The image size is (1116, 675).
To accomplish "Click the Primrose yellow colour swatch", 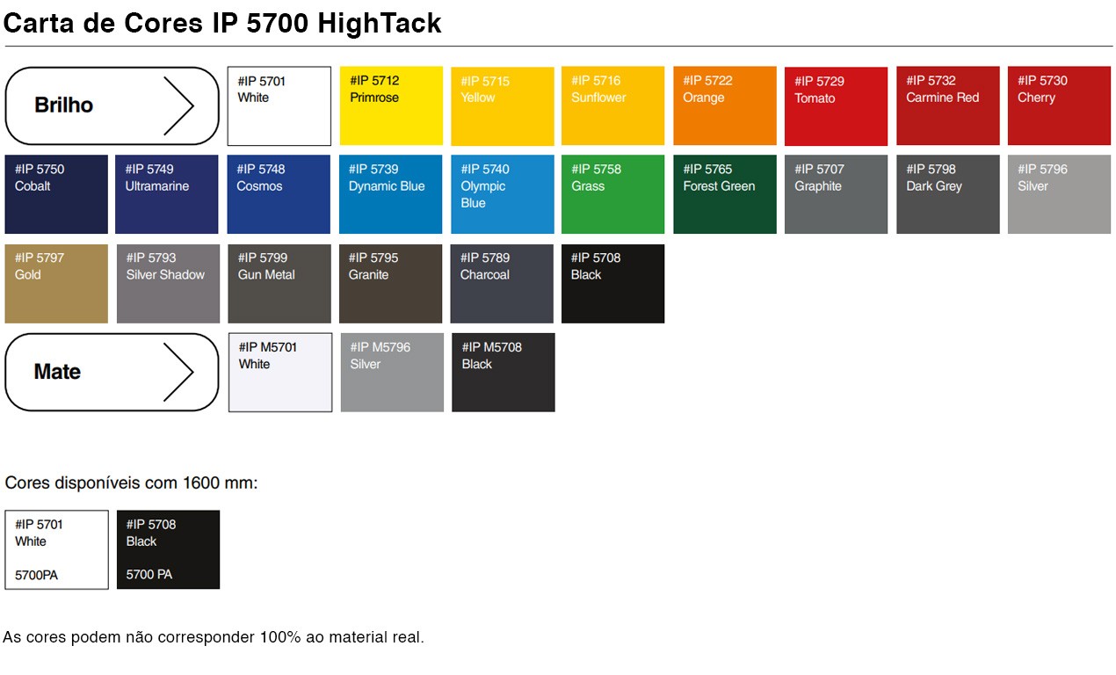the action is tap(391, 105).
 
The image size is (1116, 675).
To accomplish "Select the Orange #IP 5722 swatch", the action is tap(725, 105).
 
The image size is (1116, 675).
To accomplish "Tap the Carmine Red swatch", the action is tap(948, 105).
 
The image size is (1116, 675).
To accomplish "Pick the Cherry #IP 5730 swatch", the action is tap(1059, 105).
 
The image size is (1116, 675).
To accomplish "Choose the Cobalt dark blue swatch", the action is tap(56, 194).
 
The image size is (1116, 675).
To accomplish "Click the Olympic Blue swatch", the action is tap(503, 194).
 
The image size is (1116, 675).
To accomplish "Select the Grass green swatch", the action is tap(612, 194).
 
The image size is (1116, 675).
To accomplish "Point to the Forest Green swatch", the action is tap(725, 194).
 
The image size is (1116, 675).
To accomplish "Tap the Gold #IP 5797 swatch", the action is tap(56, 284).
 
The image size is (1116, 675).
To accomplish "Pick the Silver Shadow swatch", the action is tap(169, 284).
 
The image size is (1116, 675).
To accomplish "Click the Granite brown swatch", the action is tap(390, 284).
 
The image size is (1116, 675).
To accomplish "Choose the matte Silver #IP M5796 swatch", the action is tap(392, 373).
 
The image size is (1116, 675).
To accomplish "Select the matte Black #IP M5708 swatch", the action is tap(504, 373).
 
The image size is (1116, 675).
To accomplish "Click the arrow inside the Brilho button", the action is tap(178, 105).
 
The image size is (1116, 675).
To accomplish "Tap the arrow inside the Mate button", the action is tap(178, 372).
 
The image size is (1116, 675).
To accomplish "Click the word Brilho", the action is tap(64, 105).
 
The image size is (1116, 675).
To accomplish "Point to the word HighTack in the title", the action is tap(380, 23).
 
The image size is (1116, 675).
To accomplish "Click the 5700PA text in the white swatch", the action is tap(36, 575).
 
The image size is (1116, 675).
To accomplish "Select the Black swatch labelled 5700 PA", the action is tap(169, 549).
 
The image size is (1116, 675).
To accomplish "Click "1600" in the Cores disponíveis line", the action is tap(201, 483).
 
